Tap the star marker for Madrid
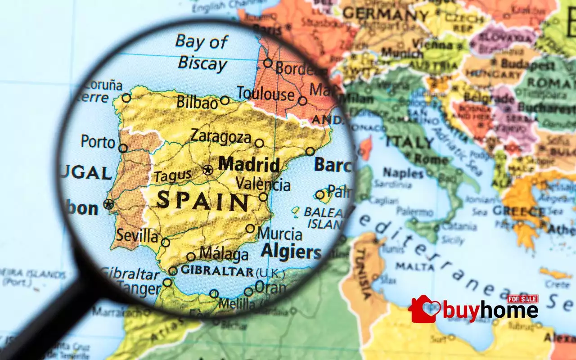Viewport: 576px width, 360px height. click(x=207, y=170)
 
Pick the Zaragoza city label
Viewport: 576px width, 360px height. click(x=220, y=136)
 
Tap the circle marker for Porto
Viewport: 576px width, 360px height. click(x=123, y=148)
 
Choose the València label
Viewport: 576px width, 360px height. click(x=263, y=184)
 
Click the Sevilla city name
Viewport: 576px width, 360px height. click(x=137, y=235)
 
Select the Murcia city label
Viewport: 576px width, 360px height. click(x=280, y=234)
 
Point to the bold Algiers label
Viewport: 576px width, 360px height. click(x=291, y=252)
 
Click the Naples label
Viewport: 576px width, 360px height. click(x=403, y=172)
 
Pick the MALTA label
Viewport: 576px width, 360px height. click(x=408, y=266)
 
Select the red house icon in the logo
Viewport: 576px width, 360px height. click(x=423, y=309)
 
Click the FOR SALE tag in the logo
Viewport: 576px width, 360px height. click(x=522, y=299)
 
